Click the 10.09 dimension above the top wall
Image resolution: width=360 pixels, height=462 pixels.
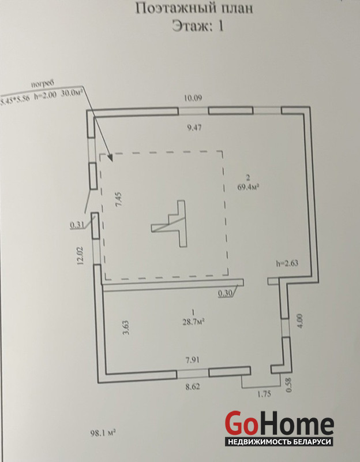193,98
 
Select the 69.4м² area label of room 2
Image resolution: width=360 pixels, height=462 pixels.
247,187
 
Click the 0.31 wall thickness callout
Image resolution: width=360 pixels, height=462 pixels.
77,225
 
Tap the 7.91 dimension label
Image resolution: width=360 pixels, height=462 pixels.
193,361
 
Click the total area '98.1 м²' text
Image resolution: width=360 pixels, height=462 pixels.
103,432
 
